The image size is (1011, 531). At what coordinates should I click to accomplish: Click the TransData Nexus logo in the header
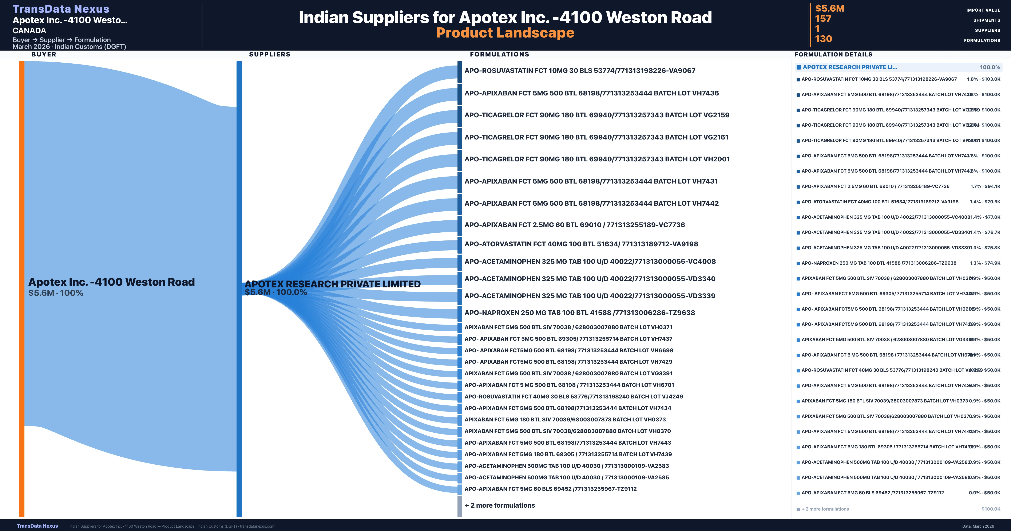coord(61,9)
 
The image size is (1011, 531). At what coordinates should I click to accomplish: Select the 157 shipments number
coord(823,19)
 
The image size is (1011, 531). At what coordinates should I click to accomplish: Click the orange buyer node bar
coord(21,289)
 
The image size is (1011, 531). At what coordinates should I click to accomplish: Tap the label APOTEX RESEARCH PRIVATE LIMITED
coord(332,284)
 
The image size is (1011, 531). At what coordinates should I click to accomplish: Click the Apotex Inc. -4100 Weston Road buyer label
coord(111,282)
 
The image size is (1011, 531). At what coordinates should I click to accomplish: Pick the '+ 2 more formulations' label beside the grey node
coord(500,506)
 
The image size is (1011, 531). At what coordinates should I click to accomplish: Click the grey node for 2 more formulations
coord(460,506)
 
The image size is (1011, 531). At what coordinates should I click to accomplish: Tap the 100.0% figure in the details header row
coord(990,67)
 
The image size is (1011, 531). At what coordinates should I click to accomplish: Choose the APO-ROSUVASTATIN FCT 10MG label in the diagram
coord(580,71)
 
